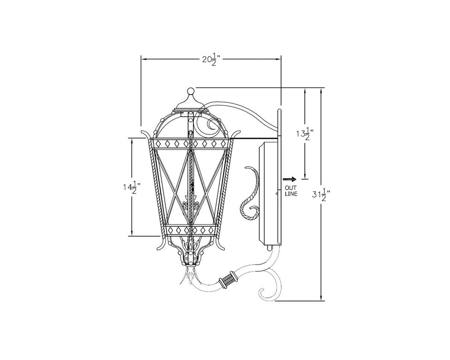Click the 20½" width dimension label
pos(211,60)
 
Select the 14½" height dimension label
pos(132,187)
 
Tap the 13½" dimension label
pos(305,134)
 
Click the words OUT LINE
pos(291,191)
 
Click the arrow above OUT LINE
pos(289,180)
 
